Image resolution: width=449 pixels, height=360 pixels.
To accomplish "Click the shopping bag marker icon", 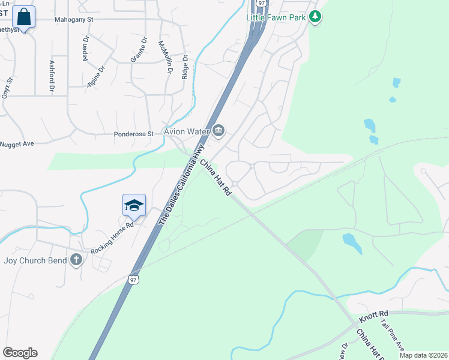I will [23, 17].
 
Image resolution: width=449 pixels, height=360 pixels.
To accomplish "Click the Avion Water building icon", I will [218, 130].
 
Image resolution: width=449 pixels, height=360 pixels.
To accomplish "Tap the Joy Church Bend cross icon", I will [76, 260].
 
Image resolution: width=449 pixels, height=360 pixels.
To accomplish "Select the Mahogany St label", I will [74, 19].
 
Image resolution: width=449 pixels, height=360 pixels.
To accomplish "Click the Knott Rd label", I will [375, 313].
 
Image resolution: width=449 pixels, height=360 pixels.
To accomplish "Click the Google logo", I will [20, 353].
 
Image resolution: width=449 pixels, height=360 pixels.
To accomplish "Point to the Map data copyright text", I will [423, 355].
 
